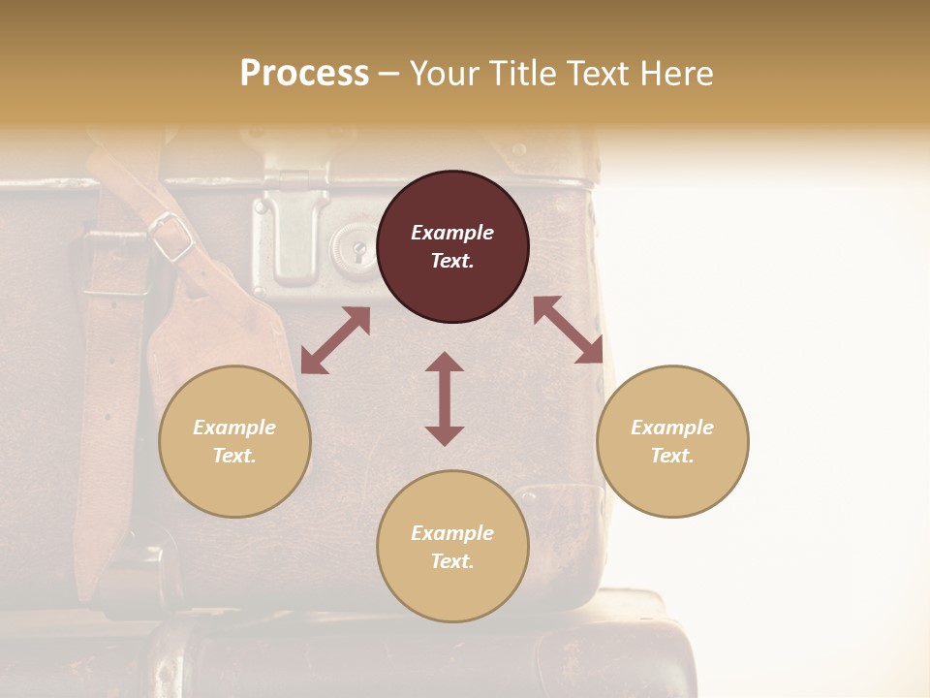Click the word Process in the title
(304, 74)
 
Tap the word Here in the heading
(674, 74)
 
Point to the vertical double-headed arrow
(445, 398)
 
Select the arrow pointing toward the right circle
(569, 330)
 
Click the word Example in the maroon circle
(452, 233)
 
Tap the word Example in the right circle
(672, 428)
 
